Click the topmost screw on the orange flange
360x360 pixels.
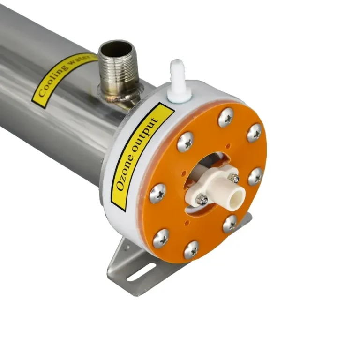(226, 118)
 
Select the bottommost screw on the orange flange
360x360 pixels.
(191, 250)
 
